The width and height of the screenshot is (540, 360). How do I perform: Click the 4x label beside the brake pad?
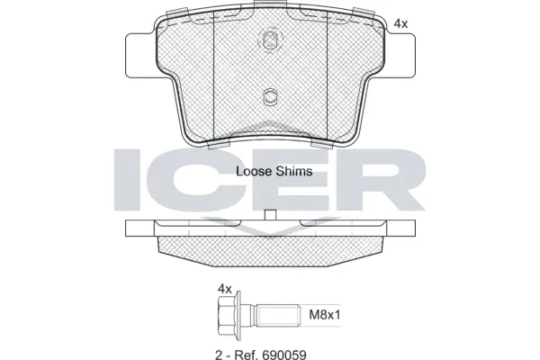pyautogui.click(x=401, y=25)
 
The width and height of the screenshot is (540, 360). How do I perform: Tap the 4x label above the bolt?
pyautogui.click(x=225, y=288)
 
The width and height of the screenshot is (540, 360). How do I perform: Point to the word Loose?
pyautogui.click(x=255, y=170)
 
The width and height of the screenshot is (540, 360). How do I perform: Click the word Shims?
pyautogui.click(x=295, y=170)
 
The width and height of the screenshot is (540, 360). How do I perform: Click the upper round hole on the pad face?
pyautogui.click(x=269, y=40)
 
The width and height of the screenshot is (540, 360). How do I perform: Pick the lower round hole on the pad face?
pyautogui.click(x=269, y=97)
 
